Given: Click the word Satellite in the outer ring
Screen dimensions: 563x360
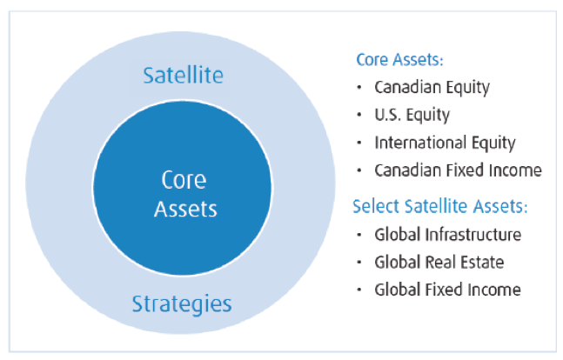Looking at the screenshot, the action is (x=183, y=75).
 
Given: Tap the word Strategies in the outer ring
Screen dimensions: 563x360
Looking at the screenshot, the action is (x=182, y=304).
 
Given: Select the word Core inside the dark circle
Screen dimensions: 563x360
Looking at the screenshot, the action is (x=184, y=180).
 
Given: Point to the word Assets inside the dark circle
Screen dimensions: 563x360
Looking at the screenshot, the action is (x=185, y=209).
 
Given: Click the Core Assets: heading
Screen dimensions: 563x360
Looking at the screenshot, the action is (x=399, y=60).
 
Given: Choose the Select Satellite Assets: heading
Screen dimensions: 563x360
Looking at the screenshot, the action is (x=440, y=206).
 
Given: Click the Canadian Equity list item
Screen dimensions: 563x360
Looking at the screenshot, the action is (x=432, y=88).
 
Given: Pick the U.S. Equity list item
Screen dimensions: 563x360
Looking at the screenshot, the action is (x=412, y=115).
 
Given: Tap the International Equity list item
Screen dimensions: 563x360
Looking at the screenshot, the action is (x=445, y=143).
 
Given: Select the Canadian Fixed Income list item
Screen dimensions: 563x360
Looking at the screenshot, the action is (x=459, y=170).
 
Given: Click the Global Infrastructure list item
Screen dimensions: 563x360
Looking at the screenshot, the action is (x=448, y=235).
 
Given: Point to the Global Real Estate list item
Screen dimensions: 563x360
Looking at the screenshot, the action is (x=439, y=263).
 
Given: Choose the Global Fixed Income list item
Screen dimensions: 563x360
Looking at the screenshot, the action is (x=447, y=290).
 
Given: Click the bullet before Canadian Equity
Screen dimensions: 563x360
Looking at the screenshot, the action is (x=359, y=87).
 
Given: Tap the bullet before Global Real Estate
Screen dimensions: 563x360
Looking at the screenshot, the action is (x=359, y=263).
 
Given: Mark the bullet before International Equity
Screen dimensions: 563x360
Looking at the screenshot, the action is (x=359, y=143).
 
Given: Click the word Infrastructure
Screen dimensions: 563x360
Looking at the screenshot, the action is (x=473, y=235).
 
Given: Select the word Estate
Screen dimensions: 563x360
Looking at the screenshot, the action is (x=482, y=263).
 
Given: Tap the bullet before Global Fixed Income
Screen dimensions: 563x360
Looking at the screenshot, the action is (x=359, y=290).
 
